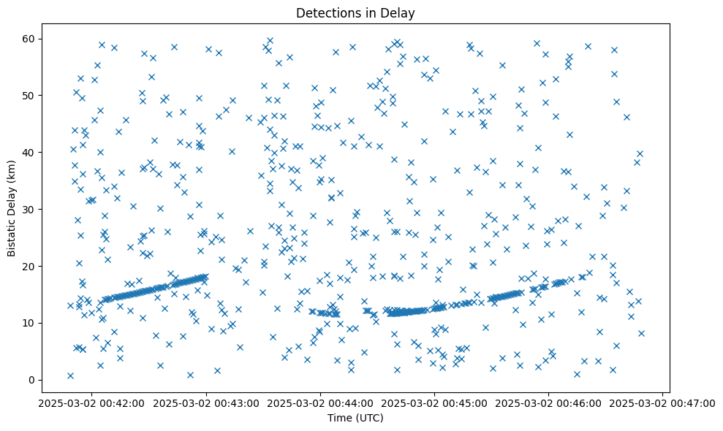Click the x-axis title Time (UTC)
point(355,418)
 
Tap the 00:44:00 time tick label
point(320,403)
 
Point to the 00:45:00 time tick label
point(434,403)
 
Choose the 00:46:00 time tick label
point(548,403)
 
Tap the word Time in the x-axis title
point(339,418)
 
